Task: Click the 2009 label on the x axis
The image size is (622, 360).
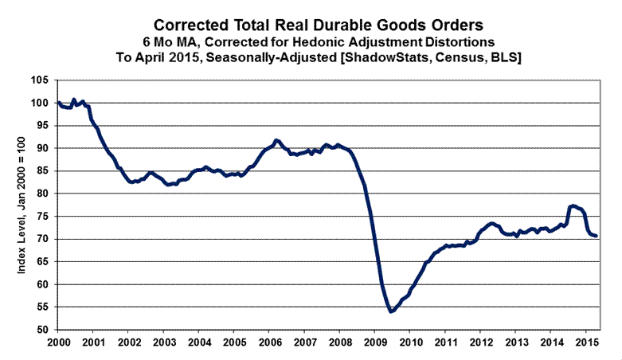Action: [374, 342]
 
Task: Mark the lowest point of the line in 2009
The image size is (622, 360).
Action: [390, 311]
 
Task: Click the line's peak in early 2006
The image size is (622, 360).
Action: [276, 140]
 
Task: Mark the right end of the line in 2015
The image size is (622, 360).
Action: [597, 236]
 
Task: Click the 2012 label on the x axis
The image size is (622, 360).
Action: [480, 342]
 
